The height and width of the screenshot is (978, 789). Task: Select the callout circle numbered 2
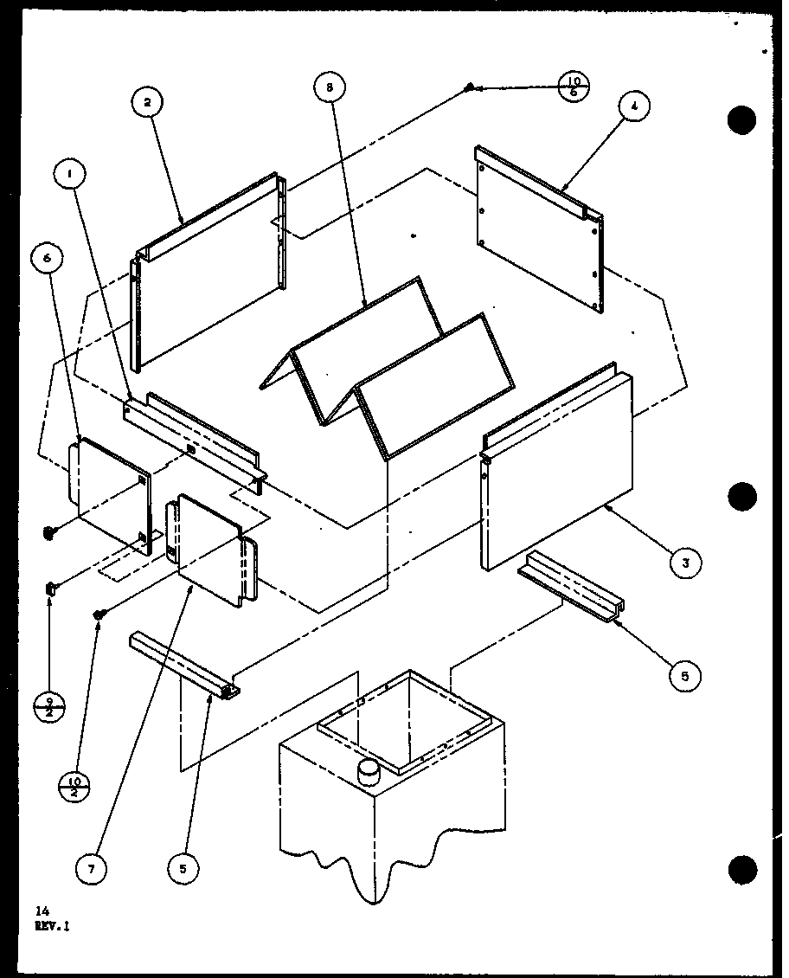coord(147,102)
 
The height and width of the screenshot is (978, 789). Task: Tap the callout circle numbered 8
coord(329,87)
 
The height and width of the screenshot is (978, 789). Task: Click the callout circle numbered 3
coord(684,563)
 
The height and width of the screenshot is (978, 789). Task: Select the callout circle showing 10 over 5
coord(574,87)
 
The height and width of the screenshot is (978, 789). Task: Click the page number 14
coord(42,910)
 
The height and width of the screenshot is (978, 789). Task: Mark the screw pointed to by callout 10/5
coord(470,87)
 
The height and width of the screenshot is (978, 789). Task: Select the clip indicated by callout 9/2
coord(51,589)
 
